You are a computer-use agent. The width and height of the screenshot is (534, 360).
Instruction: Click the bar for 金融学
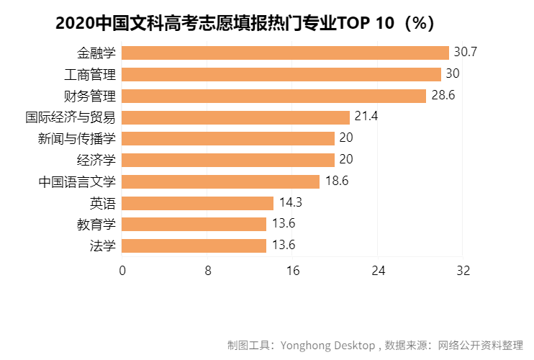click(x=285, y=53)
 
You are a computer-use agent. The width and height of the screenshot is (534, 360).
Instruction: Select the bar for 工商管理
click(x=281, y=74)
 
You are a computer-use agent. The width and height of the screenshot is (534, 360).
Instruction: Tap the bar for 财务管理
click(x=274, y=96)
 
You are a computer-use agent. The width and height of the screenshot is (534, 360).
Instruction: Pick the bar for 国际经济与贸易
click(x=235, y=117)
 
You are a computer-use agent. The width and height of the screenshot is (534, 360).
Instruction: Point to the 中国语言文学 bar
click(x=221, y=181)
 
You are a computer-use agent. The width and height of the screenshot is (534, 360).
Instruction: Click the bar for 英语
click(x=198, y=203)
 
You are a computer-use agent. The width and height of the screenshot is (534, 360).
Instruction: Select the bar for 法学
click(x=194, y=246)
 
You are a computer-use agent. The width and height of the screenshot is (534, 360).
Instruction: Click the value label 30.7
click(x=466, y=53)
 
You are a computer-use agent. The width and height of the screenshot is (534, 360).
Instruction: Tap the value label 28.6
click(x=443, y=96)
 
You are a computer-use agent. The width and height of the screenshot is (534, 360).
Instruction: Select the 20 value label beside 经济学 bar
click(x=346, y=160)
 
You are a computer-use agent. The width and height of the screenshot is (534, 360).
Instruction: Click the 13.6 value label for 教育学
click(x=284, y=224)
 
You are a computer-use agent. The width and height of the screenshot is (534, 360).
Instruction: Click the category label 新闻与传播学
click(x=77, y=138)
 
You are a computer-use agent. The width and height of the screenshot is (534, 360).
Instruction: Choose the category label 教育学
click(x=96, y=224)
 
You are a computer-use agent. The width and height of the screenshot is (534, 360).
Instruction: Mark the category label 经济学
click(x=96, y=160)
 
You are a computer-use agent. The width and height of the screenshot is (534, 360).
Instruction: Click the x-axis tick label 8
click(x=207, y=271)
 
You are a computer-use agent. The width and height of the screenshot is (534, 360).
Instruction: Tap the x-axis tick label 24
click(x=378, y=271)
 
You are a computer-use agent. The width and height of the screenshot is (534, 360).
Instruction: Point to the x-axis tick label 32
click(x=463, y=271)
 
